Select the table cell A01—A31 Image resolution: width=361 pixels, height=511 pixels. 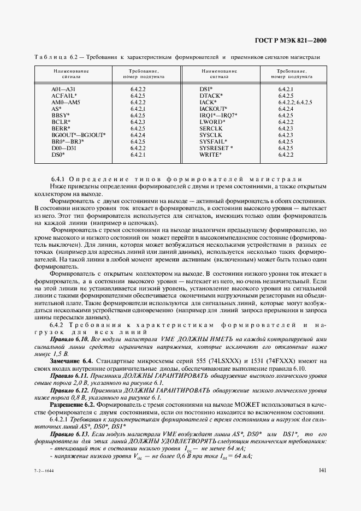click(62, 89)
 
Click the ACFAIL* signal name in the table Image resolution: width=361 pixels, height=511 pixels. click(64, 96)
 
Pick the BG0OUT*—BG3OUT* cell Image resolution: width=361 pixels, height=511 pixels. click(79, 135)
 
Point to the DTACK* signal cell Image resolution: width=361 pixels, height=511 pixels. click(211, 96)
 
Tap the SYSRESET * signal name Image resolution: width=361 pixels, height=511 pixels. click(216, 148)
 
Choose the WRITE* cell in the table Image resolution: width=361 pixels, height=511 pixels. click(210, 155)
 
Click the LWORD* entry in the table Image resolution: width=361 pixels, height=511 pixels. click(212, 122)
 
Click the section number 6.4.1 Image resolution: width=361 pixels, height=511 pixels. click(58, 180)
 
